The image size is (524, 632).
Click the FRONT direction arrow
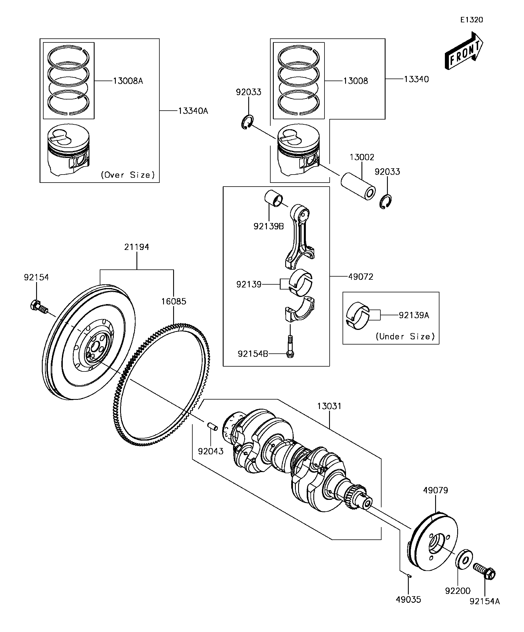[x=464, y=51]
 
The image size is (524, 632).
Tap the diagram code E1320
[x=472, y=20]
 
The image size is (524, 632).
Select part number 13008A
[x=128, y=81]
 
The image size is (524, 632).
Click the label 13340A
[x=193, y=111]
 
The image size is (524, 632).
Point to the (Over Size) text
[x=128, y=175]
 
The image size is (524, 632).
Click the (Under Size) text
[x=405, y=336]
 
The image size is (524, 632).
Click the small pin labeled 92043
[x=212, y=426]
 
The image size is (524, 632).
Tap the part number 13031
[x=329, y=406]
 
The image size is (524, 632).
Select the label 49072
[x=361, y=277]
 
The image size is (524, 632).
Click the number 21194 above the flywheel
[x=137, y=247]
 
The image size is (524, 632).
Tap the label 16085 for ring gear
[x=174, y=301]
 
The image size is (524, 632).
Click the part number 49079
[x=435, y=490]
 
